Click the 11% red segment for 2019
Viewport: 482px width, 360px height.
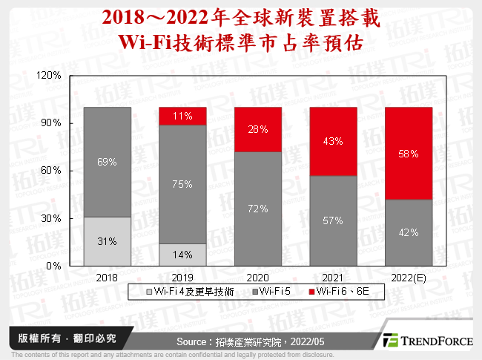[x=182, y=116]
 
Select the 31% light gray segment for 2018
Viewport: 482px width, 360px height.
[x=108, y=241]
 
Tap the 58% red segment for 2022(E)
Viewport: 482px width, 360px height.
[x=409, y=153]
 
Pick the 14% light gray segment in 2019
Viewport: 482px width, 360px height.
[x=182, y=255]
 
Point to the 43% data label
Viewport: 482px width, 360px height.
[x=334, y=141]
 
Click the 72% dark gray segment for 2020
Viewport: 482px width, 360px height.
[x=258, y=209]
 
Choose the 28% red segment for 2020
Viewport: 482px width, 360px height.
[x=258, y=129]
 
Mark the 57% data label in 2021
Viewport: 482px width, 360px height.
[x=334, y=220]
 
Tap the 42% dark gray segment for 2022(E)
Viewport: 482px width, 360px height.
[x=409, y=232]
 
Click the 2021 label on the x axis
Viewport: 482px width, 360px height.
[x=334, y=276]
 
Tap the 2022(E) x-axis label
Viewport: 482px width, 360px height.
[x=409, y=276]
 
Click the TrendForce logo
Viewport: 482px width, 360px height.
[x=426, y=340]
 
